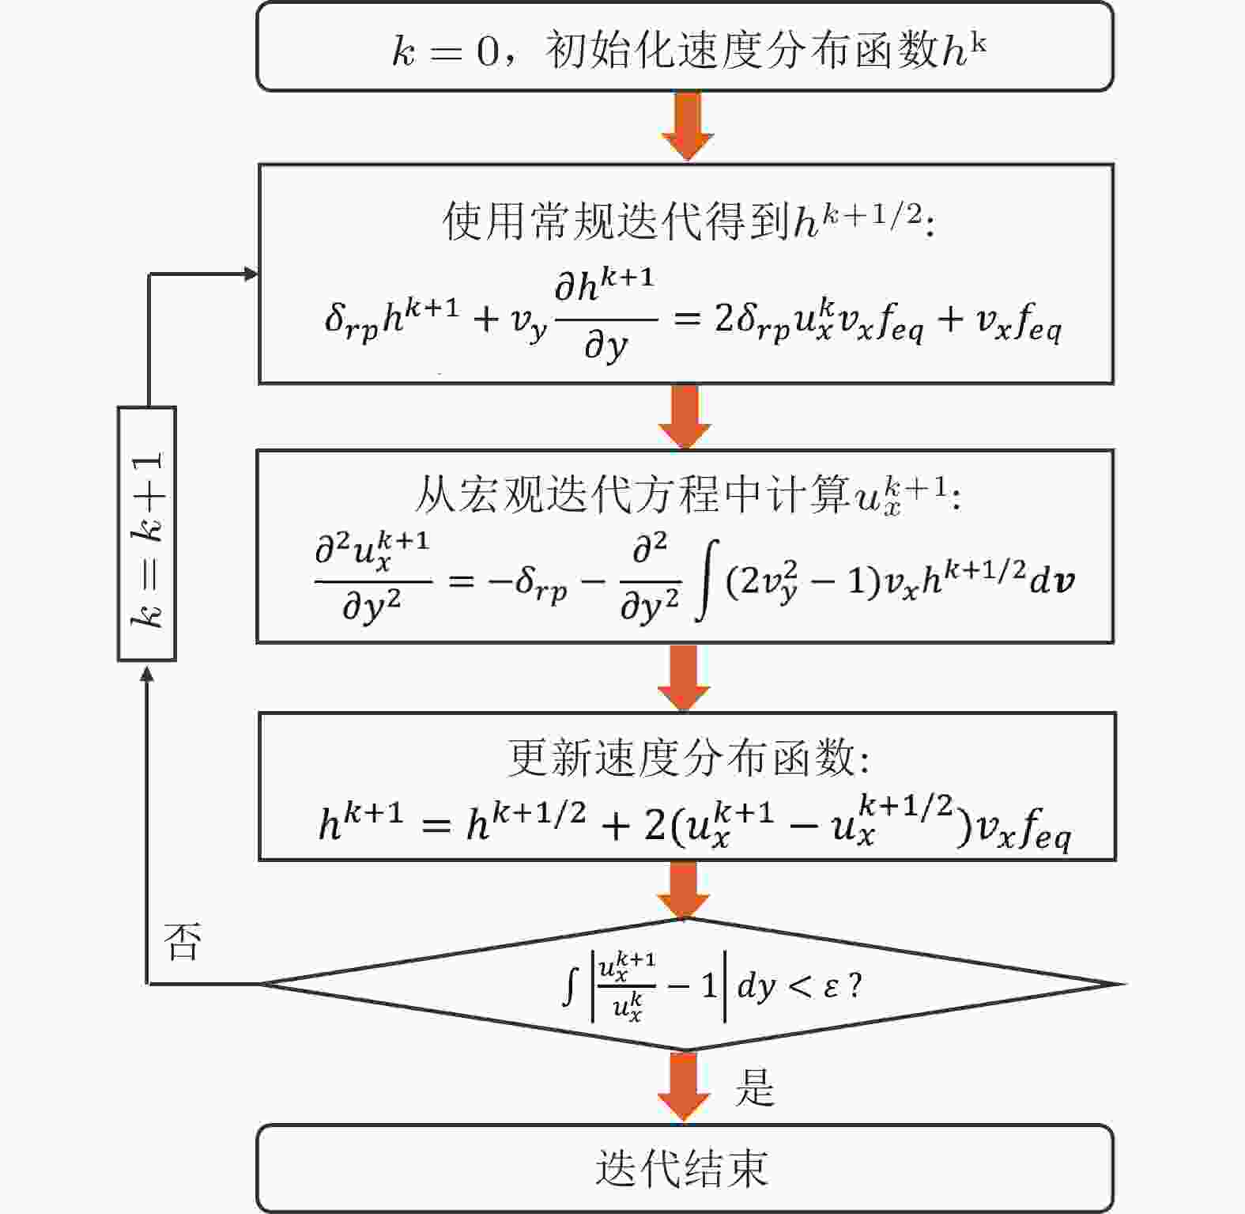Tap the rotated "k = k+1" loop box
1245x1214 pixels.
(147, 534)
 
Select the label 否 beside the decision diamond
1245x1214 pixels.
(183, 941)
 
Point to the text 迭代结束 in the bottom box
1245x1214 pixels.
(682, 1168)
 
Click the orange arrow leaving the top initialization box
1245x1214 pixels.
(687, 126)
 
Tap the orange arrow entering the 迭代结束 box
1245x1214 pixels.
(685, 1087)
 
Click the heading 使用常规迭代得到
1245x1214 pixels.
(617, 221)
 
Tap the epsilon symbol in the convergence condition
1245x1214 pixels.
(831, 985)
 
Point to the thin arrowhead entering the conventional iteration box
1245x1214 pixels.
(251, 274)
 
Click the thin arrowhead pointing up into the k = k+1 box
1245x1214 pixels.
(147, 672)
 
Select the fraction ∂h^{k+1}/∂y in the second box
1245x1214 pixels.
(606, 316)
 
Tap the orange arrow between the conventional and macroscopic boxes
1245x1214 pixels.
(685, 417)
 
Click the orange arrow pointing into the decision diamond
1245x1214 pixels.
(684, 889)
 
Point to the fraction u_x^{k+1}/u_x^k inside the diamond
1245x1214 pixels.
(628, 985)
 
